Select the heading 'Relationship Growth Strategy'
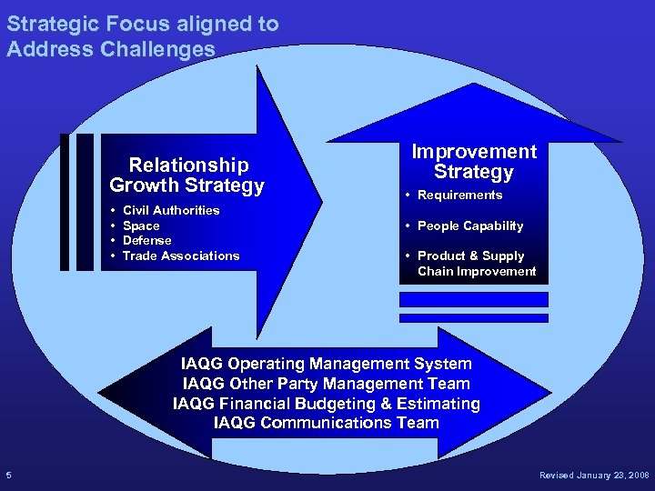tap(187, 175)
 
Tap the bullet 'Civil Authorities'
tap(171, 210)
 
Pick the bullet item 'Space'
tap(141, 225)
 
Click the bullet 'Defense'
tap(146, 240)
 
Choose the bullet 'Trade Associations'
tap(181, 256)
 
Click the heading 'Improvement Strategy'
tap(473, 162)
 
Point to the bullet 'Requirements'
tap(459, 195)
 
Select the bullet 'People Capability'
tap(469, 225)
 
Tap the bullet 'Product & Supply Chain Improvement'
tap(476, 264)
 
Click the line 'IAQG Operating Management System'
tap(326, 365)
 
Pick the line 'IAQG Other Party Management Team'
tap(326, 384)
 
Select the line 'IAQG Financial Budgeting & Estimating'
tap(326, 403)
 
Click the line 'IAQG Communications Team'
tap(326, 422)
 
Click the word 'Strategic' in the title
tap(51, 24)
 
